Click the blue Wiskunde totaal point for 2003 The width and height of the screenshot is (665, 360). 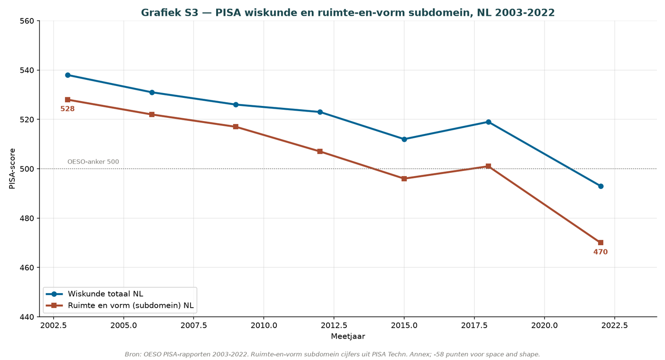[x=67, y=75]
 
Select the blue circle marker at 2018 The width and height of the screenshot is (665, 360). [x=488, y=122]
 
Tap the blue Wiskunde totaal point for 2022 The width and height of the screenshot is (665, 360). [x=600, y=186]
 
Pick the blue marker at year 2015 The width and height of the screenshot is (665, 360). [x=404, y=139]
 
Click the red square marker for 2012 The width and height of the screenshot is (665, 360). [x=320, y=152]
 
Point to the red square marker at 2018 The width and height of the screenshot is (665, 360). [x=488, y=166]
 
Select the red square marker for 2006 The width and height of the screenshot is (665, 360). [x=152, y=114]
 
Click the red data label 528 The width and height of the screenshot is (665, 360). [x=67, y=109]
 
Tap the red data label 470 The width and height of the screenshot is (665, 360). [x=600, y=252]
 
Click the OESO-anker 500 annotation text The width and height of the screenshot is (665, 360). [x=93, y=162]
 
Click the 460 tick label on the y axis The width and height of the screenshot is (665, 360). [x=28, y=268]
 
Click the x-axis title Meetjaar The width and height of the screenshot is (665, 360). [x=348, y=336]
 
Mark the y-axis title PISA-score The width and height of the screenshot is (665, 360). [x=12, y=169]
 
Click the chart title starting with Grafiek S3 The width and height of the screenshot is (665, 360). [x=348, y=13]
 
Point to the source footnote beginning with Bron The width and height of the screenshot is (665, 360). [x=332, y=354]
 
